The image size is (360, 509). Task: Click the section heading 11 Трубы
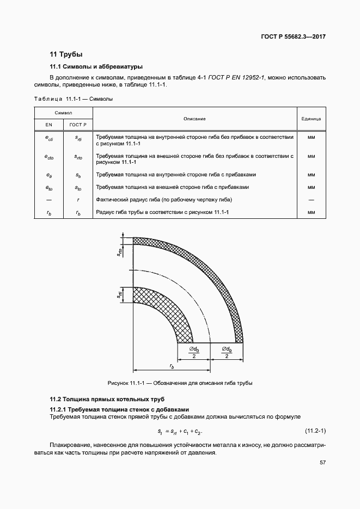[66, 54]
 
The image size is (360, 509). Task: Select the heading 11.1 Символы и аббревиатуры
[96, 67]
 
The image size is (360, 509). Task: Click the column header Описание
[194, 118]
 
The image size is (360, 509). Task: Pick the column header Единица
[311, 118]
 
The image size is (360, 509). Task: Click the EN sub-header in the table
[48, 125]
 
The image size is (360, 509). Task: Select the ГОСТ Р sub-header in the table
[78, 125]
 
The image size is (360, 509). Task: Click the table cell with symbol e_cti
[48, 139]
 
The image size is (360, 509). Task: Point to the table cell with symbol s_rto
[78, 157]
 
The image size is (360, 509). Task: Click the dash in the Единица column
[311, 199]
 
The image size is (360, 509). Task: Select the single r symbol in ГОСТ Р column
[78, 199]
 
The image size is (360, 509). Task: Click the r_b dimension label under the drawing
[172, 366]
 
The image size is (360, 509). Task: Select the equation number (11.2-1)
[315, 431]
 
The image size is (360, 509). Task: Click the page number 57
[322, 463]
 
